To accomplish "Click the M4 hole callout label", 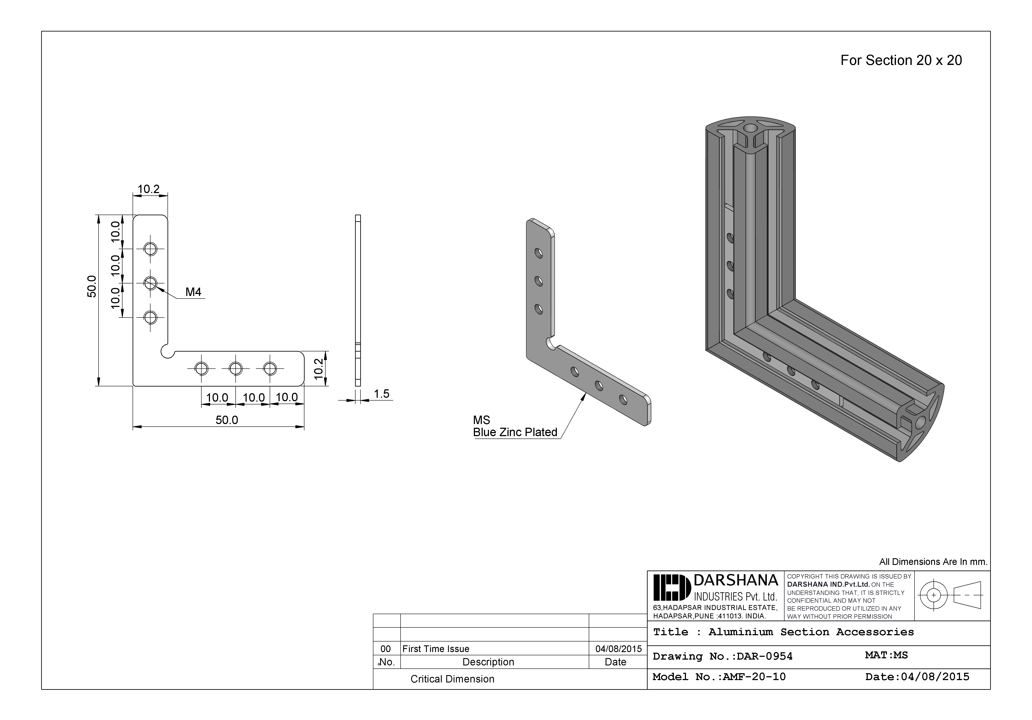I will [193, 292].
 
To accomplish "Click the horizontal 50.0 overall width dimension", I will [227, 420].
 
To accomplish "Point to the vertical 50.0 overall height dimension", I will [92, 286].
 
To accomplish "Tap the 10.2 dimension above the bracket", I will [148, 189].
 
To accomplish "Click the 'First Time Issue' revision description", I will [435, 649].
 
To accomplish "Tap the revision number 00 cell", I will [386, 649].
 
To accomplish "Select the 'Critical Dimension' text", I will [452, 679].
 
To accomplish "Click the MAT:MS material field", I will [886, 655].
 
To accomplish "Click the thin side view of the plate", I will [358, 300].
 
